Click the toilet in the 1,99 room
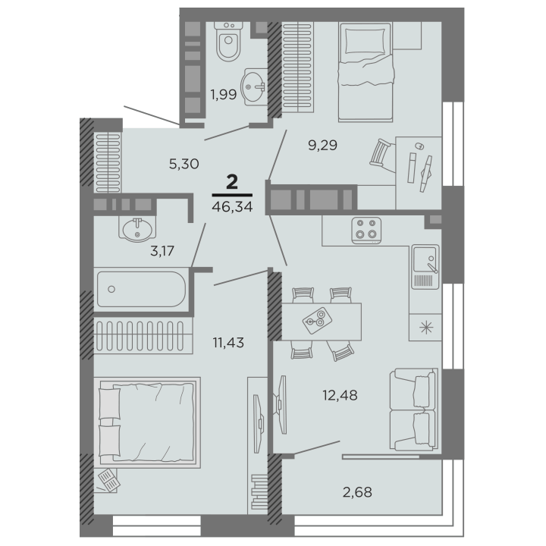228,42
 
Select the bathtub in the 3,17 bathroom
141,289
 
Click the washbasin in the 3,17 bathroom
137,229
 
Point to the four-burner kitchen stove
366,231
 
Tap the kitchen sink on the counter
425,267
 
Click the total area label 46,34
232,207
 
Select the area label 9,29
323,145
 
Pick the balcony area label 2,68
357,492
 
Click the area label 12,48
340,396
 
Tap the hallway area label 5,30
184,164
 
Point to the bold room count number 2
232,182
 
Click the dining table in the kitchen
321,322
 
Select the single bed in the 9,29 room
366,72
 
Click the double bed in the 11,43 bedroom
147,422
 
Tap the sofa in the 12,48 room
414,409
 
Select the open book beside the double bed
109,479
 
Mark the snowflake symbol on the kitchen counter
426,328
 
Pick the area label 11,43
228,343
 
